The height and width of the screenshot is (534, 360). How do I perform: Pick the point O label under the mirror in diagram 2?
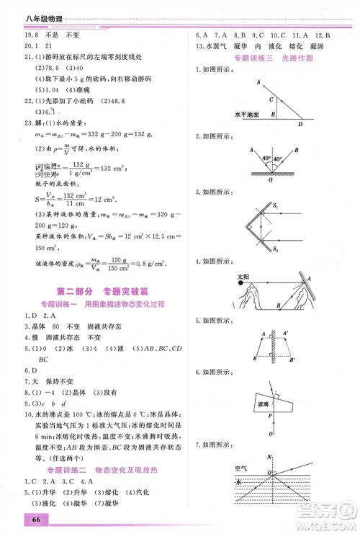pyautogui.click(x=271, y=180)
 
